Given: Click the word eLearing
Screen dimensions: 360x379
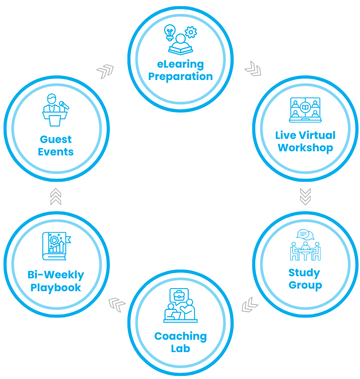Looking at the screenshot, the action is pyautogui.click(x=181, y=65).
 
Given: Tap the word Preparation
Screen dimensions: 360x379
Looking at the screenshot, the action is pyautogui.click(x=181, y=77).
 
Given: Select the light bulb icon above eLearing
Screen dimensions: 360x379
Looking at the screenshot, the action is pyautogui.click(x=170, y=33).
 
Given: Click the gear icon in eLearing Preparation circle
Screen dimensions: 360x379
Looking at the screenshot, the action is pyautogui.click(x=191, y=32).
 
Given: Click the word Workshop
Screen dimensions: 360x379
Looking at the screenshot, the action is pyautogui.click(x=305, y=148).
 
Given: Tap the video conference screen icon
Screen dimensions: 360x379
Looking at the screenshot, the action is pyautogui.click(x=305, y=110).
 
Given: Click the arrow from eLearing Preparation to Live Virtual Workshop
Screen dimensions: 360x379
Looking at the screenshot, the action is pyautogui.click(x=253, y=69).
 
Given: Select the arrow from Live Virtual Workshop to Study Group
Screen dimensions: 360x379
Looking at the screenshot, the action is pyautogui.click(x=305, y=197).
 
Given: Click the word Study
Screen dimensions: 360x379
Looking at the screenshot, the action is pyautogui.click(x=304, y=273).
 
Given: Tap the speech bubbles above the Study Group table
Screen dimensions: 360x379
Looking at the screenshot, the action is pyautogui.click(x=305, y=234).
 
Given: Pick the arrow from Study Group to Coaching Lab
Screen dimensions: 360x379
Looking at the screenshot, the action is pyautogui.click(x=250, y=305).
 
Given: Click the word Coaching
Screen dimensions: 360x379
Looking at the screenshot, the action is pyautogui.click(x=181, y=337).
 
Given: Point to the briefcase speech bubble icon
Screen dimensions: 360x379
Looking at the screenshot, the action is pyautogui.click(x=179, y=296).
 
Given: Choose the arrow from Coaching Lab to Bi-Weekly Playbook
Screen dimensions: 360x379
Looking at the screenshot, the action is pyautogui.click(x=117, y=305).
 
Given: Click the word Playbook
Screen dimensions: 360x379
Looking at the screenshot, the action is pyautogui.click(x=56, y=288).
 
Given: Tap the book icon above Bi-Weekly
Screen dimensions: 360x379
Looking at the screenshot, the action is pyautogui.click(x=57, y=246).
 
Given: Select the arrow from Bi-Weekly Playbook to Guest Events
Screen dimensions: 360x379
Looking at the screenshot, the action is pyautogui.click(x=56, y=197).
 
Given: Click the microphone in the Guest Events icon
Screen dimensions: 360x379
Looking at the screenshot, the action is pyautogui.click(x=64, y=105).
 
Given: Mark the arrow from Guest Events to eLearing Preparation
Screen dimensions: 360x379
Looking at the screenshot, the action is pyautogui.click(x=105, y=71).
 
